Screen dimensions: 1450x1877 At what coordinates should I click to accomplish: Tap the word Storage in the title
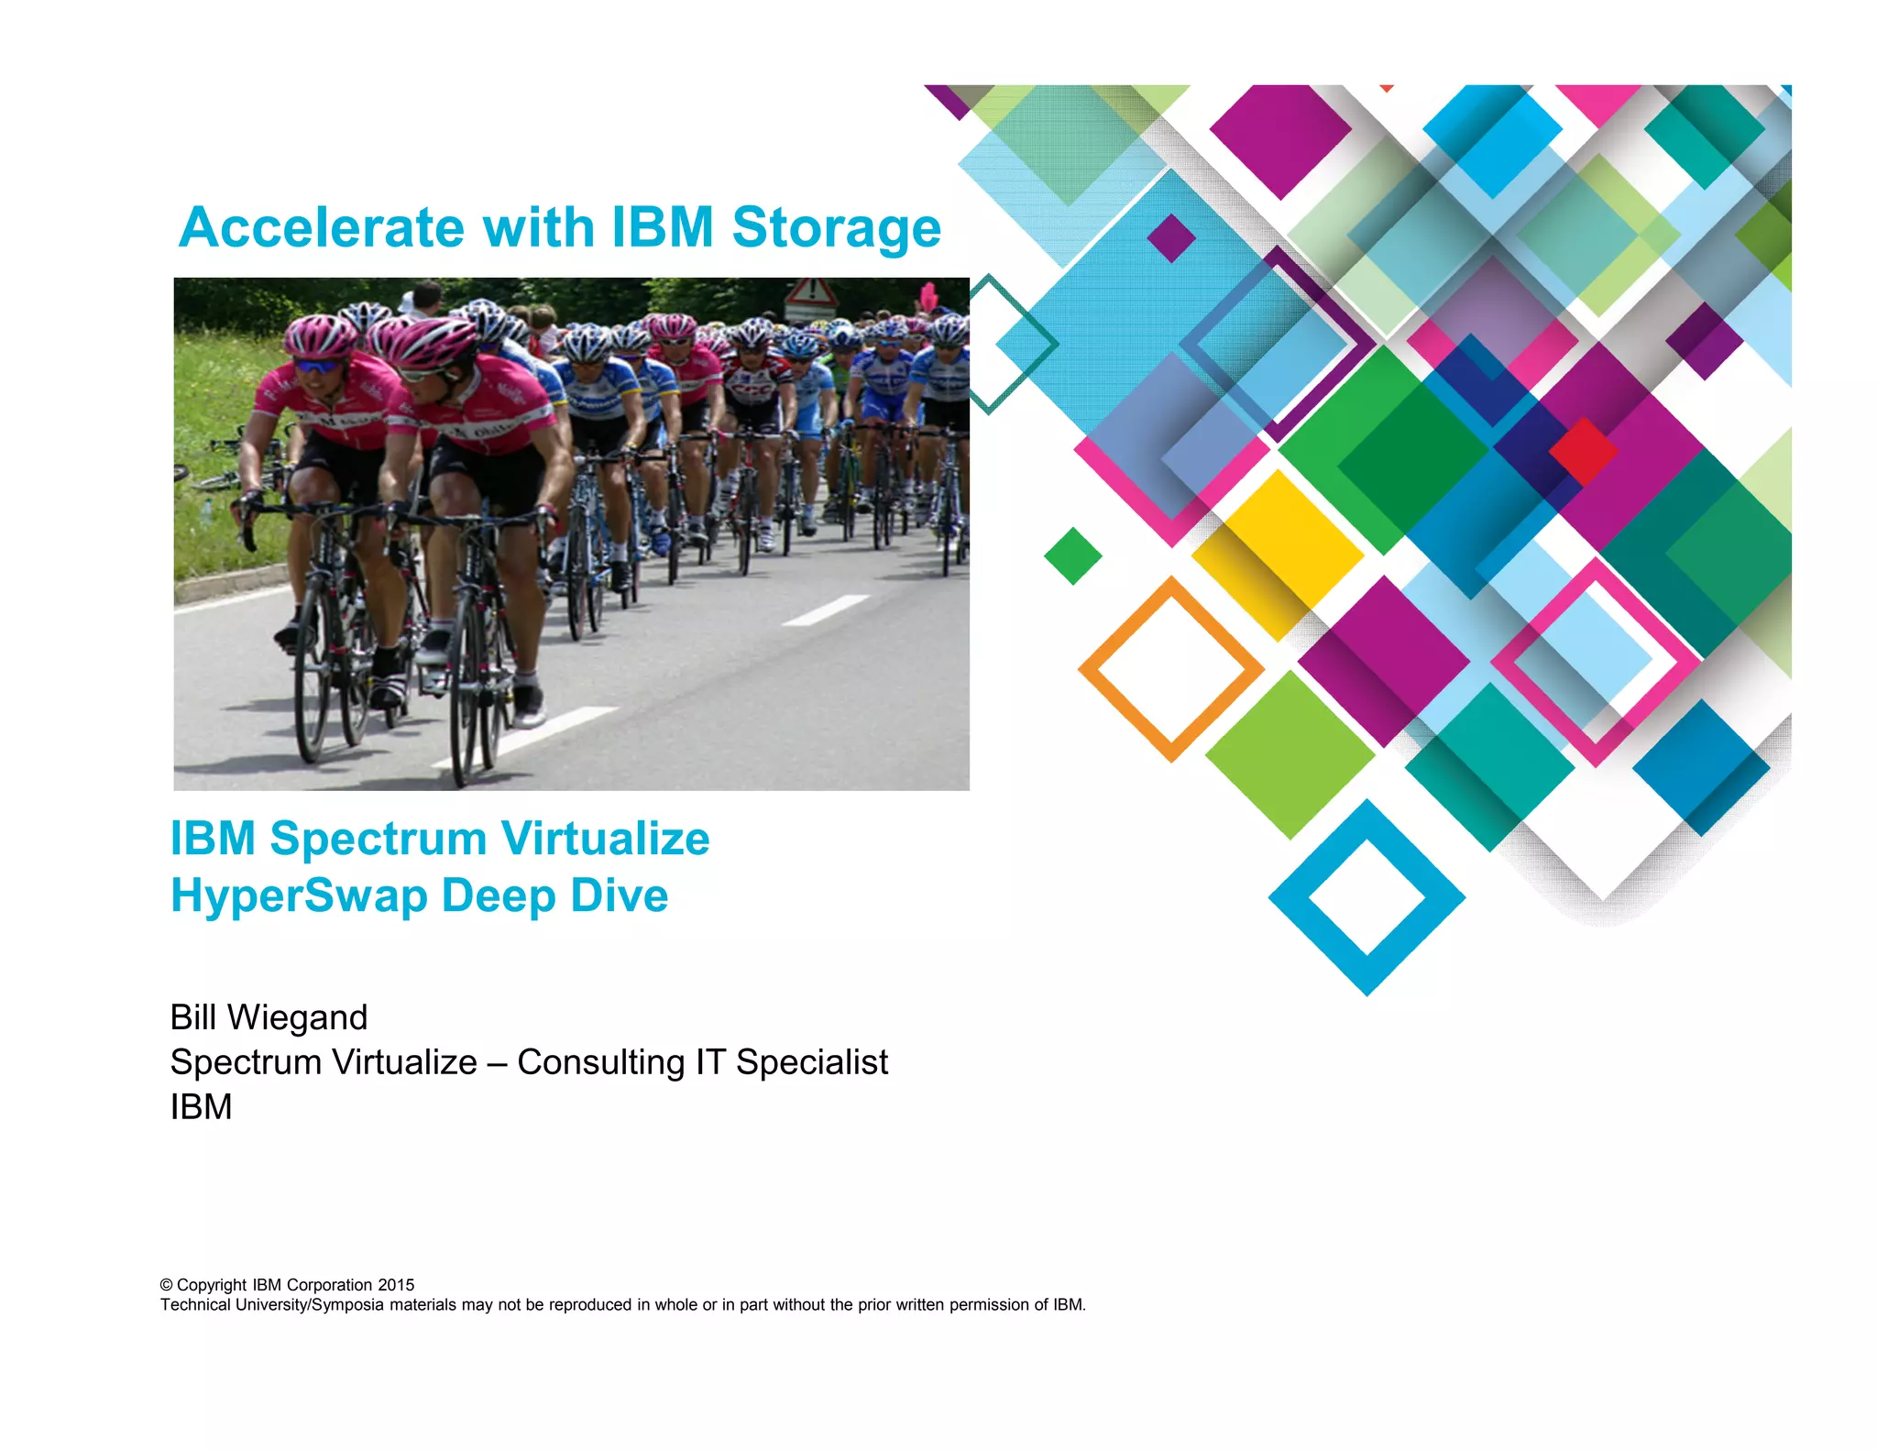pos(836,227)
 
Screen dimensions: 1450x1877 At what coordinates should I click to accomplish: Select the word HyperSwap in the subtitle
pos(299,895)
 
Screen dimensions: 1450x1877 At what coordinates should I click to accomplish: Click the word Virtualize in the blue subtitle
pos(605,839)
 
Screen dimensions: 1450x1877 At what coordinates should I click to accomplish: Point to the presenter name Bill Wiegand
pos(269,1017)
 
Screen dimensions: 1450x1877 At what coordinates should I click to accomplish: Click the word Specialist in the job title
pos(811,1062)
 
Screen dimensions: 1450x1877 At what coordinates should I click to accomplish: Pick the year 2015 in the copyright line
pos(396,1285)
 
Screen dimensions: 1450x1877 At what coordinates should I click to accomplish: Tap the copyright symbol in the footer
pos(166,1285)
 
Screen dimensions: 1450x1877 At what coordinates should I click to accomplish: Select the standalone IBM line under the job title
pos(201,1107)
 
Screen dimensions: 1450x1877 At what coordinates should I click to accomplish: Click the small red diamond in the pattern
pos(1583,451)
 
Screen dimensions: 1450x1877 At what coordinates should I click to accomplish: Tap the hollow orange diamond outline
pos(1171,669)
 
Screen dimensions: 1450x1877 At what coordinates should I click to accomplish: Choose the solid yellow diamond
pos(1278,554)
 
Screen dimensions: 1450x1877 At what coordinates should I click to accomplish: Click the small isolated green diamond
pos(1072,555)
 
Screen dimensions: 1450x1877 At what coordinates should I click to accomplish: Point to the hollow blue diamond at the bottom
pos(1367,897)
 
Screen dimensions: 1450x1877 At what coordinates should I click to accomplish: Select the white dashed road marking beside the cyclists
pos(825,610)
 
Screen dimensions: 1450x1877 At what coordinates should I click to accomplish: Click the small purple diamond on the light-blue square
pos(1171,238)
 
